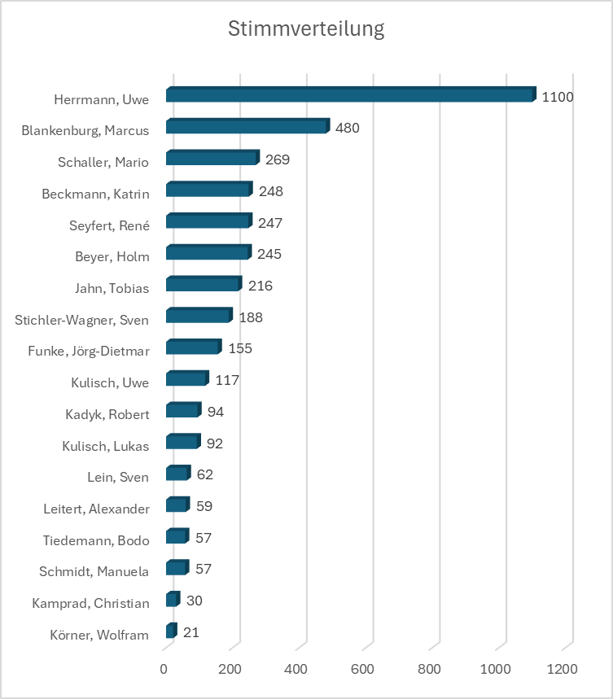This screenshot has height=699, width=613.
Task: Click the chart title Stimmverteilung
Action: pyautogui.click(x=306, y=30)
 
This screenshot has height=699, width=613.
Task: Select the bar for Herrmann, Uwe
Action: pyautogui.click(x=350, y=96)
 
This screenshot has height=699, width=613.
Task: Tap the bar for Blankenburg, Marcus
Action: pyautogui.click(x=247, y=127)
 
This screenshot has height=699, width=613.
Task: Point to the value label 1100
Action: pyautogui.click(x=558, y=97)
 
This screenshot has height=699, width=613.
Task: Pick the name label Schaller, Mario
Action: pyautogui.click(x=103, y=162)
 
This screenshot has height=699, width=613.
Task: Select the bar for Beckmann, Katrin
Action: pyautogui.click(x=208, y=190)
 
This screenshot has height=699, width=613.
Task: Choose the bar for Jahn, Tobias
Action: pyautogui.click(x=203, y=285)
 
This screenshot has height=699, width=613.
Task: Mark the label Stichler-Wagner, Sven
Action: pyautogui.click(x=81, y=320)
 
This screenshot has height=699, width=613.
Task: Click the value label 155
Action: pyautogui.click(x=240, y=348)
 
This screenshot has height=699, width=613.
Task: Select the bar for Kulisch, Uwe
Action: pyautogui.click(x=186, y=379)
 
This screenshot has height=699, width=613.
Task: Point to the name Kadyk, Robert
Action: pyautogui.click(x=107, y=414)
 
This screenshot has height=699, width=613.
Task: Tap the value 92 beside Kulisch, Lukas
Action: pyautogui.click(x=215, y=444)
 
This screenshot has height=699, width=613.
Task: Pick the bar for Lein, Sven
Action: pyautogui.click(x=177, y=474)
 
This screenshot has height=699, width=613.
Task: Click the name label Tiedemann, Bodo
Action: pyautogui.click(x=96, y=540)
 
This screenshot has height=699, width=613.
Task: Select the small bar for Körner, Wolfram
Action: pyautogui.click(x=170, y=631)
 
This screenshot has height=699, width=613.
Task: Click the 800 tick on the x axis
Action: pyautogui.click(x=429, y=669)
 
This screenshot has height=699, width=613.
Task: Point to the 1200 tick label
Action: pyautogui.click(x=562, y=669)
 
